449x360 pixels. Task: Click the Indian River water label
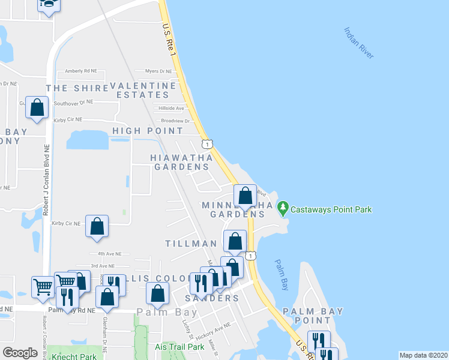359,43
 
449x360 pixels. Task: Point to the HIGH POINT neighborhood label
148,131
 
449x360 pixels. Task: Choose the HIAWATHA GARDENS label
181,162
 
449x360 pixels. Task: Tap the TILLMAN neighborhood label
191,244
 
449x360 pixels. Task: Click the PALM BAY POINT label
313,316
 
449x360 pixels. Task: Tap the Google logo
20,353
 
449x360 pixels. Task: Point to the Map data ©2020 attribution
423,355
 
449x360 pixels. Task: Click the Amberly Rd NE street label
82,71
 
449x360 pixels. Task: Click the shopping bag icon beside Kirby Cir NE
97,226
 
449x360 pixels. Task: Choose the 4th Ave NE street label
110,253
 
